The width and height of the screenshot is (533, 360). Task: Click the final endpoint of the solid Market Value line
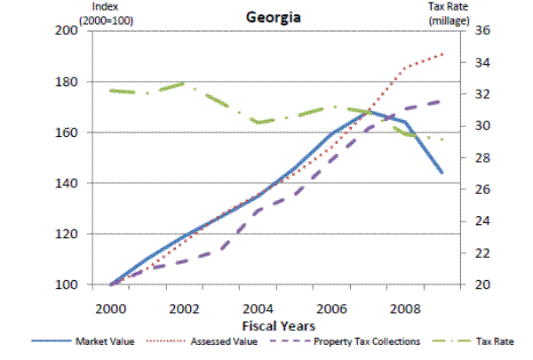pos(442,172)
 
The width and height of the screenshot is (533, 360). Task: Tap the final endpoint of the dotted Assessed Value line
pos(442,54)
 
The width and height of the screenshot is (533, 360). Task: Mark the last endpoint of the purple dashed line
pos(442,101)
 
